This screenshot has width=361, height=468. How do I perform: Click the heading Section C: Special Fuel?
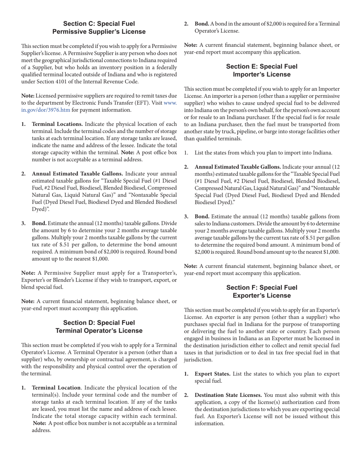(99, 24)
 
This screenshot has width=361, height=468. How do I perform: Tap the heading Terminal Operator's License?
(99, 331)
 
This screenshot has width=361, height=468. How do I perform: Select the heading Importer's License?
(261, 74)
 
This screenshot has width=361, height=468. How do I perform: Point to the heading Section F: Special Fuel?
(261, 287)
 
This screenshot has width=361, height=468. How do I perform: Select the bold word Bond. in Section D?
(202, 24)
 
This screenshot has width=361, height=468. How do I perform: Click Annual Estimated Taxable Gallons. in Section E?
(238, 167)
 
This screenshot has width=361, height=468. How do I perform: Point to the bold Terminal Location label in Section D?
(56, 387)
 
